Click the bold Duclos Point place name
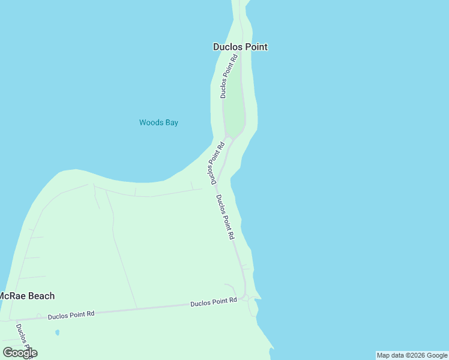pos(240,47)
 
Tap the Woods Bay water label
pos(158,122)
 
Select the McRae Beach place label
pos(27,296)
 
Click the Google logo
pos(20,353)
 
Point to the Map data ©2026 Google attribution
pos(412,355)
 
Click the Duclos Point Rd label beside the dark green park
pos(229,76)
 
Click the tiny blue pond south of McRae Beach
pos(57,332)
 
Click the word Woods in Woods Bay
pos(151,122)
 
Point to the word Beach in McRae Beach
pos(40,296)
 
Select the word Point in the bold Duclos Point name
pos(256,47)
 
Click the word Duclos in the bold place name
pos(228,47)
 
